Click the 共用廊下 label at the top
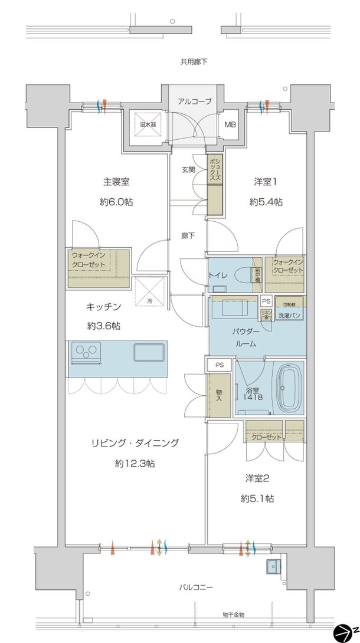click(194, 61)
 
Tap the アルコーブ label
click(194, 101)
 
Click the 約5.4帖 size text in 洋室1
click(266, 202)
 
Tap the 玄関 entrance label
click(188, 169)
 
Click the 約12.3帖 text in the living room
click(135, 464)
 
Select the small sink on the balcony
click(273, 566)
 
